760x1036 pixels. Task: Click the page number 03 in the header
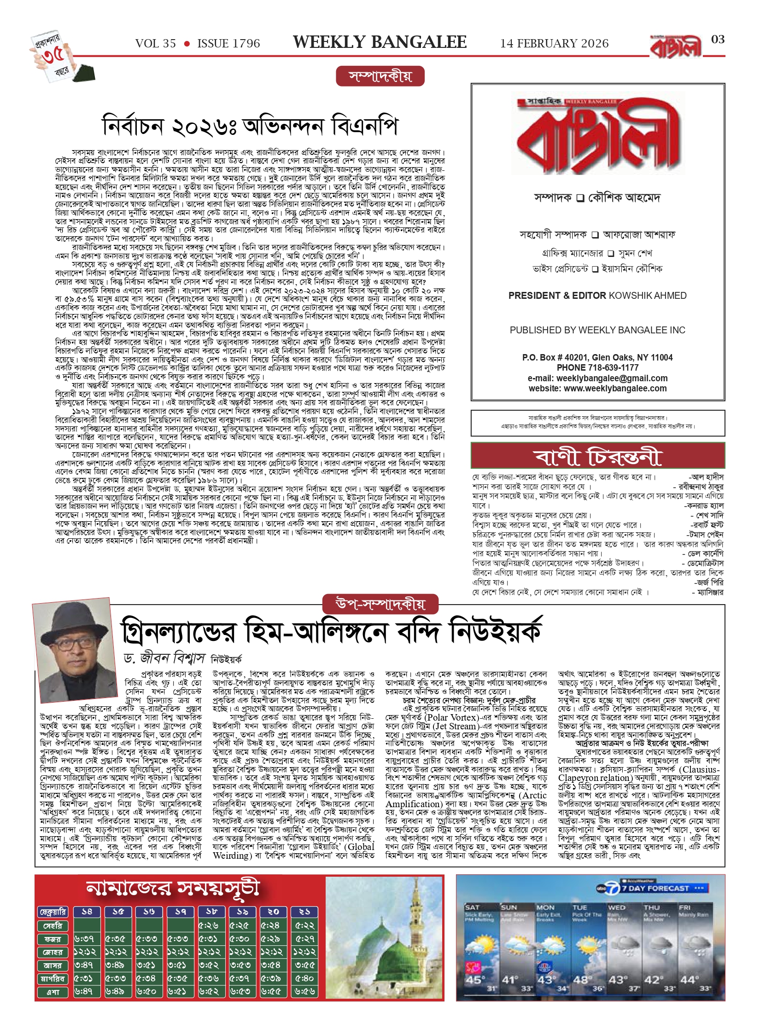[718, 40]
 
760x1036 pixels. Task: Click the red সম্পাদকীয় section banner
[380, 76]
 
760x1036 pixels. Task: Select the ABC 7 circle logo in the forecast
[613, 888]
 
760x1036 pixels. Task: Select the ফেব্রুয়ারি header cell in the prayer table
[53, 912]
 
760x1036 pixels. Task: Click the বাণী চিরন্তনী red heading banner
[597, 455]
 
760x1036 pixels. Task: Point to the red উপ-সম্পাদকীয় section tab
[380, 603]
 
